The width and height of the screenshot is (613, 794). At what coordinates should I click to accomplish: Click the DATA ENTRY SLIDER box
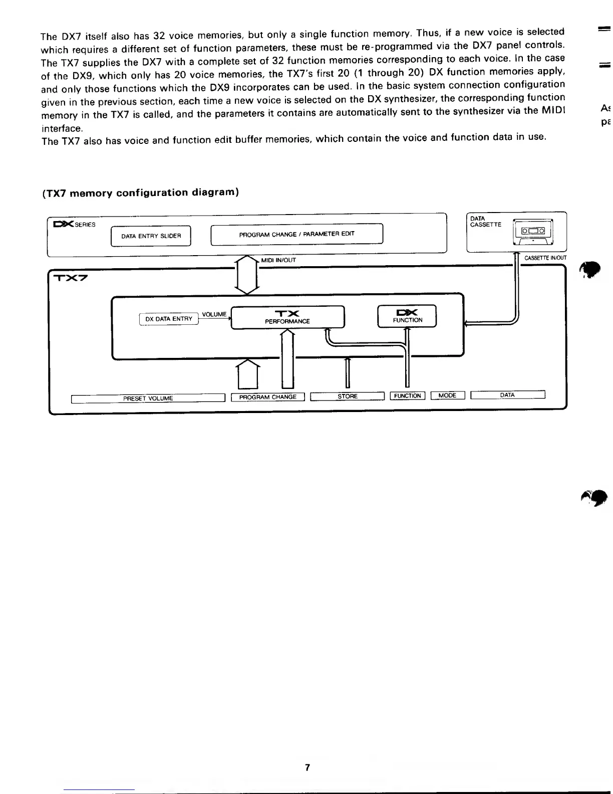point(151,236)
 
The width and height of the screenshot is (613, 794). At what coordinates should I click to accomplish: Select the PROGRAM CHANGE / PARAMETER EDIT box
point(296,235)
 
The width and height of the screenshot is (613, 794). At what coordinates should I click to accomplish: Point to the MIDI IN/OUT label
point(278,260)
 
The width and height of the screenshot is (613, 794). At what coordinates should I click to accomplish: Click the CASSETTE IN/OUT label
point(545,258)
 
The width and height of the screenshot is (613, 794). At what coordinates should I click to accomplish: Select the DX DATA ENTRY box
point(169,319)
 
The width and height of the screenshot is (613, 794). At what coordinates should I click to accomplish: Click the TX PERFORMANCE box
point(287,317)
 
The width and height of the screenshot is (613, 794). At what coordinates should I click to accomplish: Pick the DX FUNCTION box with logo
point(407,316)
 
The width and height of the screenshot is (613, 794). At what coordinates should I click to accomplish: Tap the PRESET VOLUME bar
point(148,399)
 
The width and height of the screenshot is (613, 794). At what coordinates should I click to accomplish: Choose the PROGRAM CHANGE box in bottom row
point(268,397)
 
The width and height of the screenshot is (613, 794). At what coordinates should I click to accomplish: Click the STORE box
point(348,396)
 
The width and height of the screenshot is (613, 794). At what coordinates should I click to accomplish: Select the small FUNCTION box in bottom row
point(407,396)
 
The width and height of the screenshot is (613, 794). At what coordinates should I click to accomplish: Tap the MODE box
point(447,395)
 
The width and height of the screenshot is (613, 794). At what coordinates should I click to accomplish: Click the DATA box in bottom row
point(507,395)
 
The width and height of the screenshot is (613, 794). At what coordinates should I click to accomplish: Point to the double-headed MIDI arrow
point(247,275)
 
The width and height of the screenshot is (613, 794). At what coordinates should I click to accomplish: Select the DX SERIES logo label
point(74,224)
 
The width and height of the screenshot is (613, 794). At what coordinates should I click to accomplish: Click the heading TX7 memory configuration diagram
point(141,193)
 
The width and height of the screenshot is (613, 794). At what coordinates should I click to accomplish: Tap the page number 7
point(308,767)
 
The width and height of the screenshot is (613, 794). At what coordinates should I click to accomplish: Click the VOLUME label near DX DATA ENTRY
point(214,314)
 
